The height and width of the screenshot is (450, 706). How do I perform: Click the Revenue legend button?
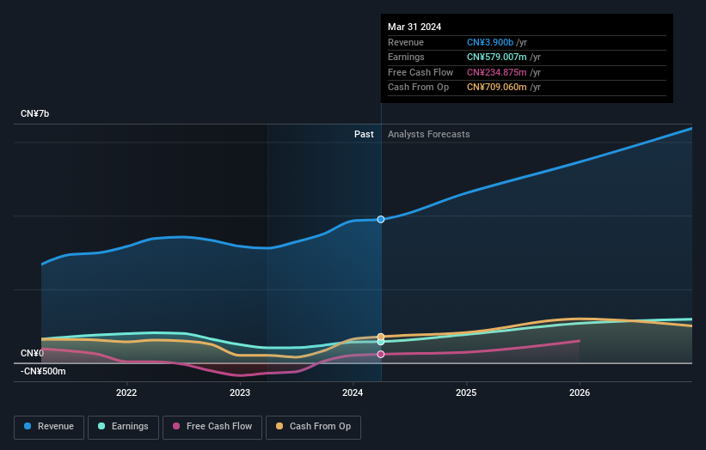tap(49, 427)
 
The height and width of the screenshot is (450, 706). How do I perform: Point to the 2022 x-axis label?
tap(126, 393)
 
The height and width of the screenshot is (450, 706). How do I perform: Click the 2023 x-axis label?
tap(240, 393)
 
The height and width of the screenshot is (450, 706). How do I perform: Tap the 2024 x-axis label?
tap(353, 393)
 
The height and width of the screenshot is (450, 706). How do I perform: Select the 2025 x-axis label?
tap(466, 393)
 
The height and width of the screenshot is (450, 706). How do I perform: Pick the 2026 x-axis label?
tap(580, 393)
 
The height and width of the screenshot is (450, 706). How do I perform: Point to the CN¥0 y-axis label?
tap(32, 354)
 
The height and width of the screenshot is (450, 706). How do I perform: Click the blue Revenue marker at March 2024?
tap(381, 220)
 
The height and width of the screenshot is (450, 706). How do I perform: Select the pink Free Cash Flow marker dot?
tap(381, 354)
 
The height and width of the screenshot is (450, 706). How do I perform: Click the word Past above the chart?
tap(364, 134)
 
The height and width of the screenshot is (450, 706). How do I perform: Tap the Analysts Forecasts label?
tap(429, 134)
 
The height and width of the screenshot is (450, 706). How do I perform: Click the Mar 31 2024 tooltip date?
tap(414, 27)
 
